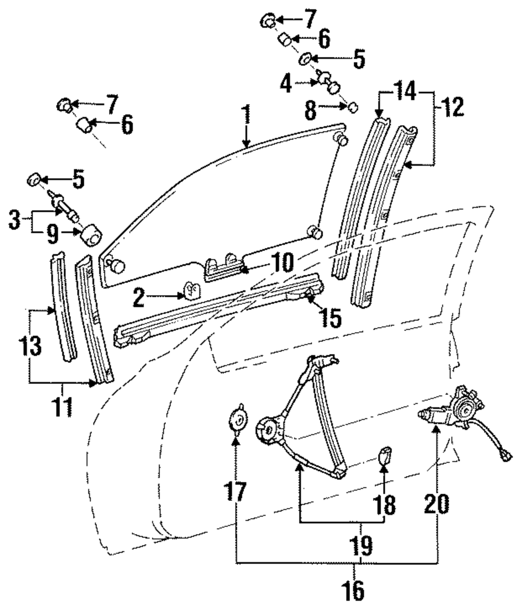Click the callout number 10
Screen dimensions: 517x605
(283, 263)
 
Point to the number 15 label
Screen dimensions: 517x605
(330, 318)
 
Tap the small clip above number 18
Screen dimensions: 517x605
(384, 456)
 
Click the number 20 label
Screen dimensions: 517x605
(436, 504)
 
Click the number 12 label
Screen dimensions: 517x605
(451, 107)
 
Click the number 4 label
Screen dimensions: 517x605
(286, 84)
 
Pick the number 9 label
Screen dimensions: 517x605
(53, 234)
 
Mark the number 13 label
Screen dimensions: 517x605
(31, 346)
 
